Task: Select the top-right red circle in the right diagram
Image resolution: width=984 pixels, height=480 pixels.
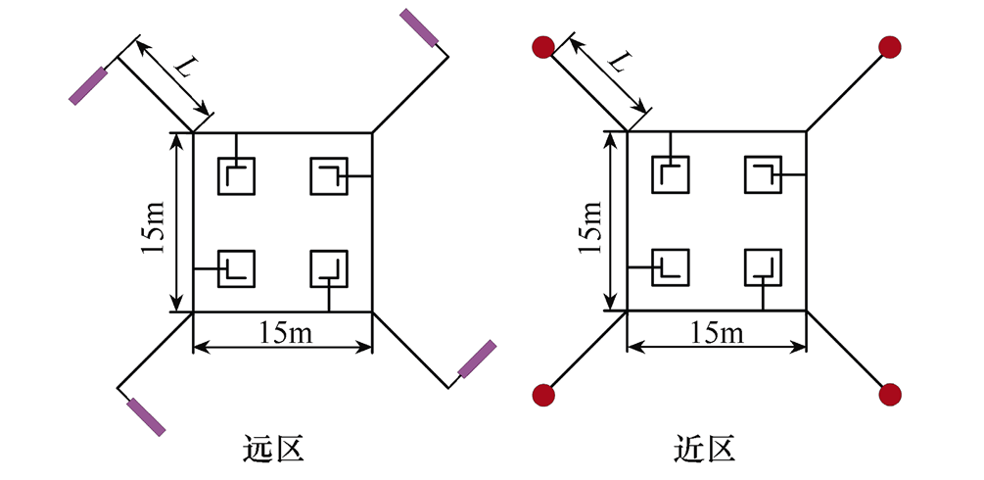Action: pos(889,46)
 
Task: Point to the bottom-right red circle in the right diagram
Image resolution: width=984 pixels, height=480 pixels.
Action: pos(889,395)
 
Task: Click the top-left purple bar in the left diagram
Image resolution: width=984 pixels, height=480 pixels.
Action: pos(87,85)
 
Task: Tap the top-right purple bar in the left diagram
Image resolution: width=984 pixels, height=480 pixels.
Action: pos(420,27)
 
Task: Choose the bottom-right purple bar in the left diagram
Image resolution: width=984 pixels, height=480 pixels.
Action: pos(478,359)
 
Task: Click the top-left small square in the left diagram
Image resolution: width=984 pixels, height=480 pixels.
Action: pos(236,176)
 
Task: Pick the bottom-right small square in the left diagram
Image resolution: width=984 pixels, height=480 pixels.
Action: pos(328,268)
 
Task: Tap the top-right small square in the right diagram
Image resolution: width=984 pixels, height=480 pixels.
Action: pos(763,176)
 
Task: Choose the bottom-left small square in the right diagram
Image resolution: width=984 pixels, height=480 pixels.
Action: pos(671,268)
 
